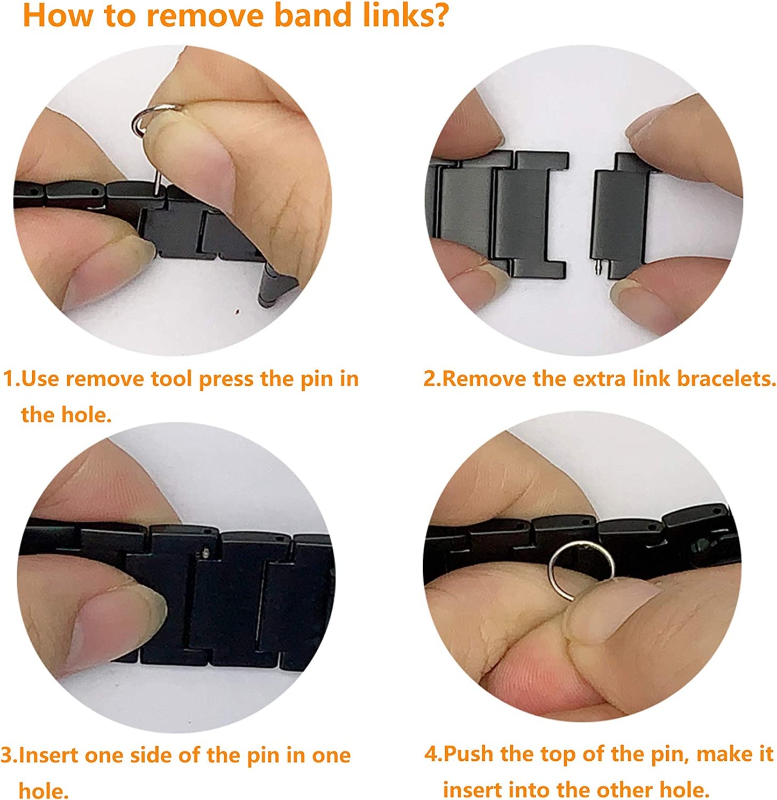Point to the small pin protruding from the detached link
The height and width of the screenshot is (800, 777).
(598, 267)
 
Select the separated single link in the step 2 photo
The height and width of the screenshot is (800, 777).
(619, 215)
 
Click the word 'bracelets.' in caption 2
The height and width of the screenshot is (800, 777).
(726, 379)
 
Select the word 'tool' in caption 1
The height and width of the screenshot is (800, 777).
(172, 379)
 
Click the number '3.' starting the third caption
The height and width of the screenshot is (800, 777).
(9, 755)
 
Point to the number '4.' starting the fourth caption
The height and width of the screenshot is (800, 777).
(432, 754)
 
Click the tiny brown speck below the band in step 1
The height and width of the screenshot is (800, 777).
(238, 311)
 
